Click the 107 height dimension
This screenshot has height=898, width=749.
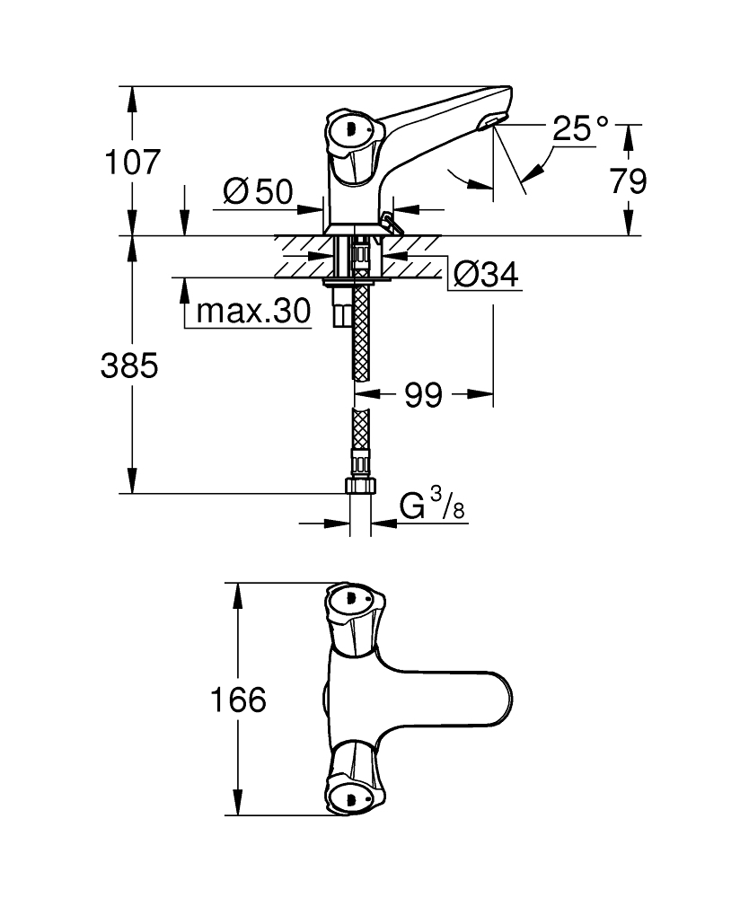[x=133, y=163]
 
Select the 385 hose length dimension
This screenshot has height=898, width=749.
[x=129, y=365]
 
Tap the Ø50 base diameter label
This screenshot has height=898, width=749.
[x=258, y=190]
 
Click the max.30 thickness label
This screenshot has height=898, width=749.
[x=252, y=312]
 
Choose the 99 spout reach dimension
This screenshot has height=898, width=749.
[x=423, y=394]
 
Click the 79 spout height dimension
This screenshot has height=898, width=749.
[x=628, y=181]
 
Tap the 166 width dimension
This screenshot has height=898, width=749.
[x=238, y=700]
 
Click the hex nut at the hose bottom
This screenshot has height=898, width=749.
[x=359, y=486]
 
